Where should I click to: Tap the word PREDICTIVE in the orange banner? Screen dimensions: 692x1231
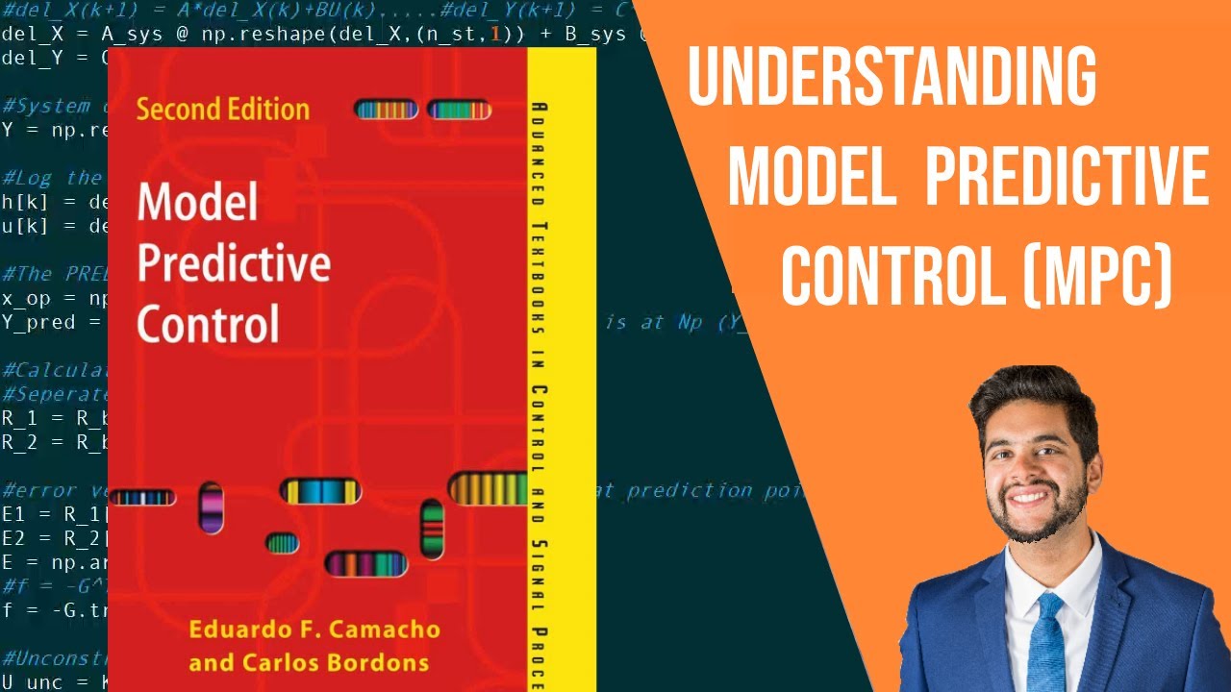point(1066,177)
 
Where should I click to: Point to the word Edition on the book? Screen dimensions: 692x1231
point(265,109)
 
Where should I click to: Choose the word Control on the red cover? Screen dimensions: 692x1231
point(208,324)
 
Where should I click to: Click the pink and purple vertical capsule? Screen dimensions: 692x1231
point(211,507)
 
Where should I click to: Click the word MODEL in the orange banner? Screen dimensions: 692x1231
point(812,177)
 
